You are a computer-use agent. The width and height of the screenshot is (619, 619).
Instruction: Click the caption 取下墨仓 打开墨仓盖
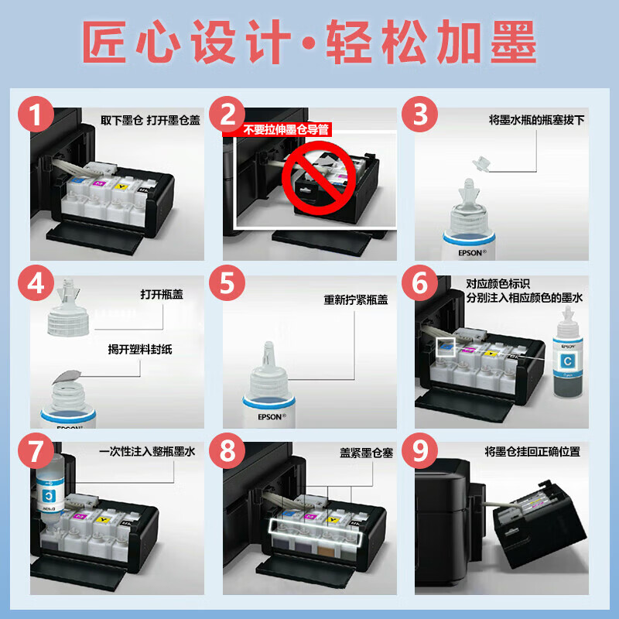pos(150,121)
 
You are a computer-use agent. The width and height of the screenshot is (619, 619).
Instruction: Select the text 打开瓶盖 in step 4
pos(162,295)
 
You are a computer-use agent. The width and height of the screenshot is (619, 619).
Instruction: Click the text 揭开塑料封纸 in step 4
pos(140,349)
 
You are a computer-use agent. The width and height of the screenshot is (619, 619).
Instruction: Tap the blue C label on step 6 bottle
pos(568,361)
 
